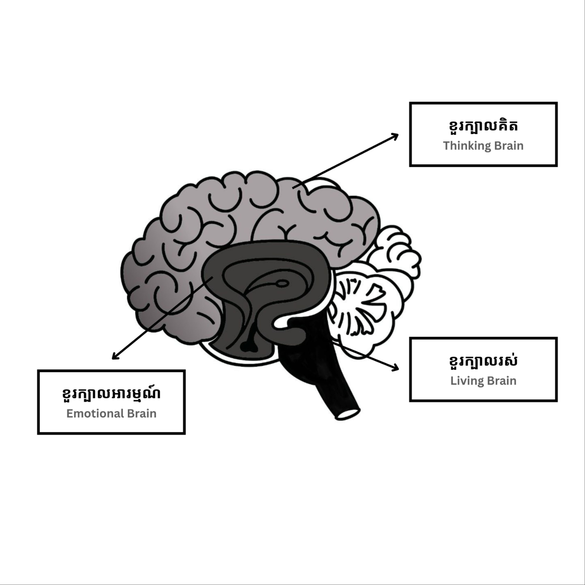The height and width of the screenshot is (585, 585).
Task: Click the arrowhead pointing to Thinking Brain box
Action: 396,135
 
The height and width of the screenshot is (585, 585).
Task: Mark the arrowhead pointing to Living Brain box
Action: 396,368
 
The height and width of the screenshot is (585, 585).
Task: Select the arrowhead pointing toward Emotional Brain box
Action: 115,357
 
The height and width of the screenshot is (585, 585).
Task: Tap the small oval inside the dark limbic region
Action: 283,283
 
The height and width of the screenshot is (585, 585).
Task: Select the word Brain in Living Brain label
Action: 502,381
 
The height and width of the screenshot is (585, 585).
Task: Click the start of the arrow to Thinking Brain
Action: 293,187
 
